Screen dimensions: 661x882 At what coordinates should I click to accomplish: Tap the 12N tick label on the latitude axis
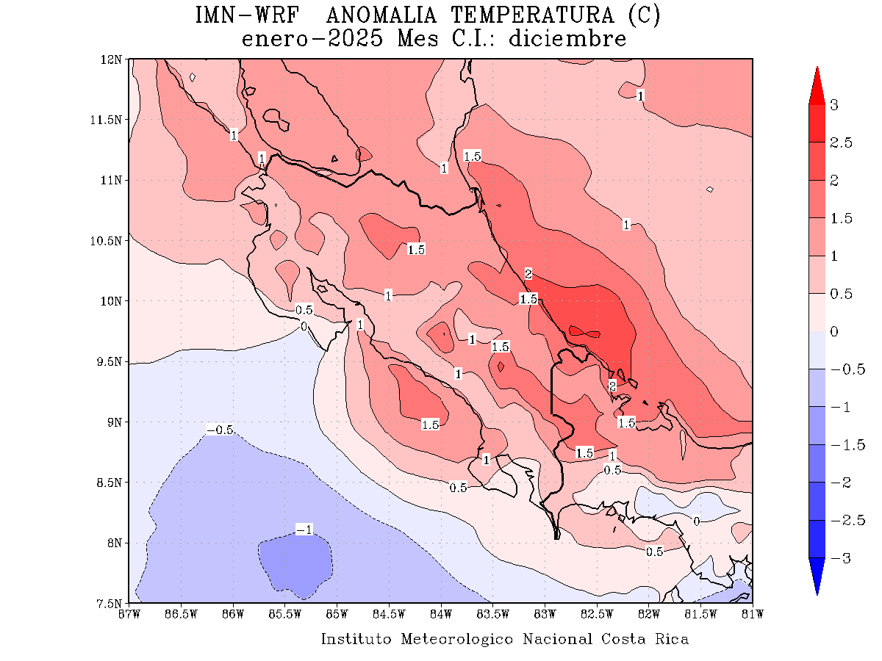[112, 59]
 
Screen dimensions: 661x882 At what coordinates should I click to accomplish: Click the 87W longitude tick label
[129, 614]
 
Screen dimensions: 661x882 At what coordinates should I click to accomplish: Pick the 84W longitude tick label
[441, 614]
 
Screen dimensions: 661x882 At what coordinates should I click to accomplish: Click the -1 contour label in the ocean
[304, 530]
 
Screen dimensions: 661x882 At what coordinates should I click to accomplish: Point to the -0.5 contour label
[220, 430]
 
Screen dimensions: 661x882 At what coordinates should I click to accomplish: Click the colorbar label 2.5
[841, 142]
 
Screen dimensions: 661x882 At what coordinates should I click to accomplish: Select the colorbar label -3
[838, 558]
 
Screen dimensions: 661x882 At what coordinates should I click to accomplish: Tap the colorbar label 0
[834, 331]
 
